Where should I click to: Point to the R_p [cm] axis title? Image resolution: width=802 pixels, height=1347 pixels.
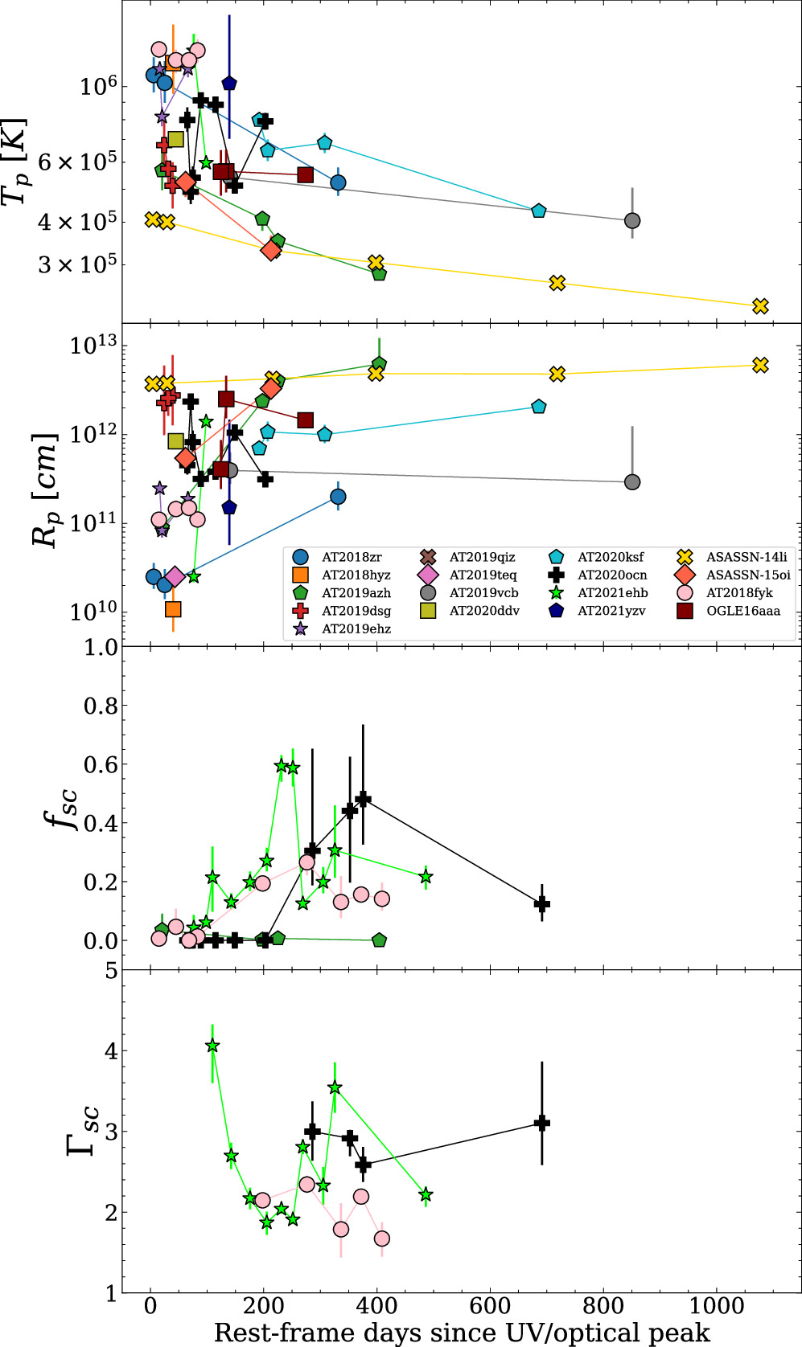[44, 490]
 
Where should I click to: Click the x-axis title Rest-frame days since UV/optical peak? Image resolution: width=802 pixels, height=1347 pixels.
[462, 1333]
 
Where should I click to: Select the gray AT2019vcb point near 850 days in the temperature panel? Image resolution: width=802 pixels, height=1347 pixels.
[632, 221]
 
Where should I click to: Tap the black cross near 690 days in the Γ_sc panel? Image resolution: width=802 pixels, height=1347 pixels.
[542, 1123]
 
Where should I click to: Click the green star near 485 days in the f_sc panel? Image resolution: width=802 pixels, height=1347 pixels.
[426, 877]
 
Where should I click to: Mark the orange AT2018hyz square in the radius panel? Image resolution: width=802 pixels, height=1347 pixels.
[173, 609]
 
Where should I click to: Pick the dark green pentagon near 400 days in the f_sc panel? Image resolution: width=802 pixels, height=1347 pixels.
[380, 940]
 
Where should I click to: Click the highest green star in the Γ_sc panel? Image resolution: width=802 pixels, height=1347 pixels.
[212, 1046]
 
